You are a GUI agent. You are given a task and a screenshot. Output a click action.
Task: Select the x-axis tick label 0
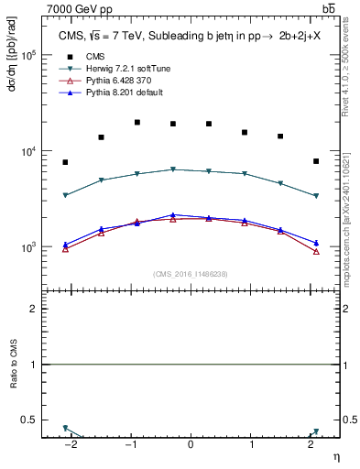191,446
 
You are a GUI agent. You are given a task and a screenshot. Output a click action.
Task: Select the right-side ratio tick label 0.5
350,420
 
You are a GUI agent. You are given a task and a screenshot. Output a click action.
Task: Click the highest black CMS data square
136,122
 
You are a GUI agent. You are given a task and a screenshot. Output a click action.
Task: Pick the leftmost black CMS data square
65,162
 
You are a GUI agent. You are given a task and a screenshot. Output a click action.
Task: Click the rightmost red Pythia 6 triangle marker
316,251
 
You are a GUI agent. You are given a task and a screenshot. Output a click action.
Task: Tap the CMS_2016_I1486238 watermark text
191,274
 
